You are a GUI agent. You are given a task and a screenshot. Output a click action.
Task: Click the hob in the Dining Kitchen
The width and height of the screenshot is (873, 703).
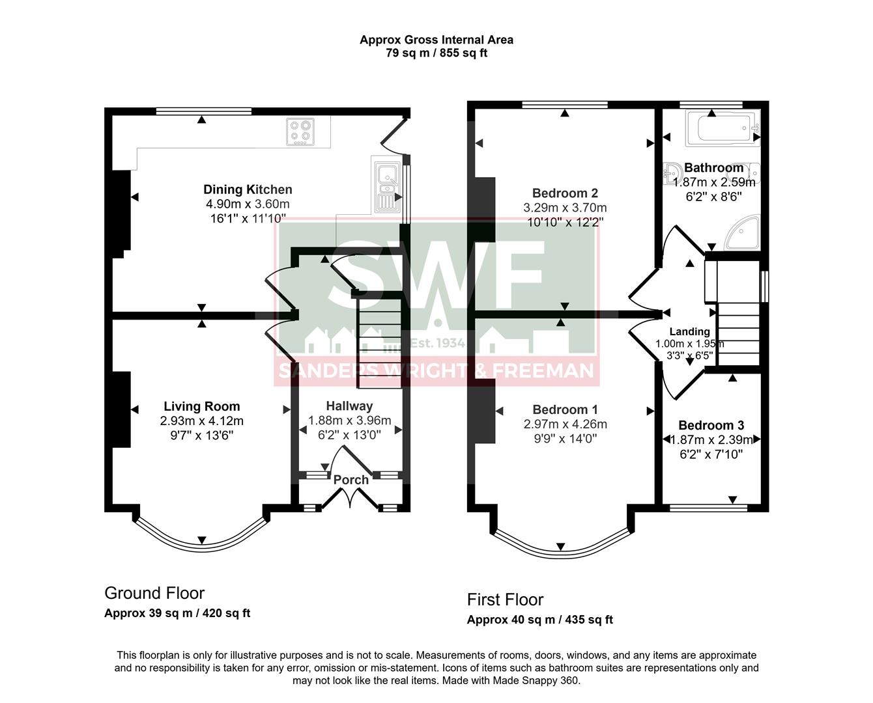pyautogui.click(x=300, y=131)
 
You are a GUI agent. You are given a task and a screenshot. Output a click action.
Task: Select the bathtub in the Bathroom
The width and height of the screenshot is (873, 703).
pyautogui.click(x=724, y=128)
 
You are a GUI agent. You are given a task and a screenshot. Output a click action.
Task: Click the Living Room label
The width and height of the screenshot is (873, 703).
pyautogui.click(x=201, y=407)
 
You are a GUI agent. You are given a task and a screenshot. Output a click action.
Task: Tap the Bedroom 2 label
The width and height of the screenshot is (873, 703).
pyautogui.click(x=565, y=193)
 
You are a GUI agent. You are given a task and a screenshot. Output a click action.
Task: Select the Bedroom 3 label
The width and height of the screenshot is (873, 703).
pyautogui.click(x=711, y=426)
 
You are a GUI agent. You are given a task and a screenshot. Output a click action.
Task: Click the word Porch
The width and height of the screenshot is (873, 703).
pyautogui.click(x=351, y=480)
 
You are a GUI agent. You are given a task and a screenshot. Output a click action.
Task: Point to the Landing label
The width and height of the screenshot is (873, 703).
pyautogui.click(x=689, y=332)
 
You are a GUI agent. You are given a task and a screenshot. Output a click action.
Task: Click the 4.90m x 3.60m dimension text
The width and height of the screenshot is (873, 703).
pyautogui.click(x=247, y=204)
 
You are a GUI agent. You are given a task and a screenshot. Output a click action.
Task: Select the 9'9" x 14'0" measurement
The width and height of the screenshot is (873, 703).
pyautogui.click(x=565, y=439)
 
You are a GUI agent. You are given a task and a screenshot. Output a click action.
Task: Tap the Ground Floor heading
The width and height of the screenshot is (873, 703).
pyautogui.click(x=154, y=593)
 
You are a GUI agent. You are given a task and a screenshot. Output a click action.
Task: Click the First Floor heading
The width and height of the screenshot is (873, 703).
pyautogui.click(x=505, y=600)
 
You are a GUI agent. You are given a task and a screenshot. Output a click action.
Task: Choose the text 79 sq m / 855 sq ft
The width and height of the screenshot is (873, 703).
pyautogui.click(x=436, y=53)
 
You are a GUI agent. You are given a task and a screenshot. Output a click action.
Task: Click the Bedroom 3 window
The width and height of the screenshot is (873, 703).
pyautogui.click(x=708, y=508)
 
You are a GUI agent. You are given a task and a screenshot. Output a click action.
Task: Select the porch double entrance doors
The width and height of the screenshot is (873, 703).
pyautogui.click(x=351, y=497)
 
